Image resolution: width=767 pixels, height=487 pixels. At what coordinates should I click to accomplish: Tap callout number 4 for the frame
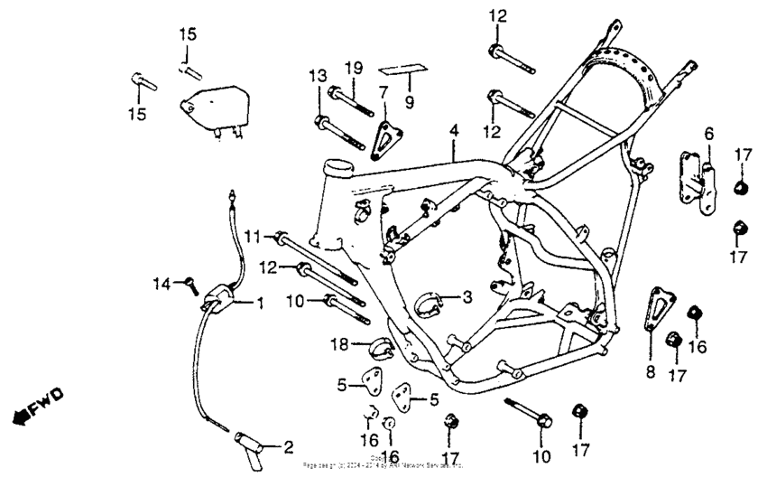(x=454, y=131)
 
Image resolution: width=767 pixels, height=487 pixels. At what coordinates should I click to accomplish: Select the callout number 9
(x=409, y=102)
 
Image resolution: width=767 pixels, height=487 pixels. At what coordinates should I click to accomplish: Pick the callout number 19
(x=354, y=67)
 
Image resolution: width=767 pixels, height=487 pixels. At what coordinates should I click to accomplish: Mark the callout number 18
(x=340, y=343)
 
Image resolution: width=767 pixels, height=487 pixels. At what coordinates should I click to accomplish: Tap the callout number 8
(x=649, y=370)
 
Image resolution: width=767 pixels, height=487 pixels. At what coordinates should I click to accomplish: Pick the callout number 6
(x=708, y=134)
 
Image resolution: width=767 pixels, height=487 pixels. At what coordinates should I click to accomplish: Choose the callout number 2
(x=288, y=446)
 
